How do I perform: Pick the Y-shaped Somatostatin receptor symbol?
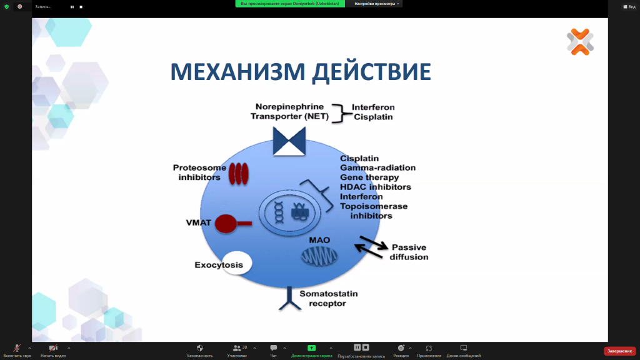click(289, 299)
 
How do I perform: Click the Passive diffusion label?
click(409, 252)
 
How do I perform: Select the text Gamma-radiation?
click(377, 167)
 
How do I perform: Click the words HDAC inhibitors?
click(375, 187)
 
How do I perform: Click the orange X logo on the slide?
click(580, 42)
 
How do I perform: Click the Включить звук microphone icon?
click(17, 348)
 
